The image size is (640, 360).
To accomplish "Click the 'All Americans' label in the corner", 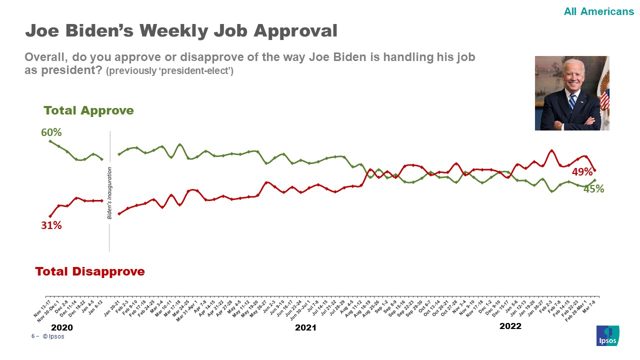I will [x=598, y=11].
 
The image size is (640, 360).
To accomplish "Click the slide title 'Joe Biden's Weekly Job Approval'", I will [x=181, y=31].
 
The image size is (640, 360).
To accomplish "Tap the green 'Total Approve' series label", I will [x=88, y=110].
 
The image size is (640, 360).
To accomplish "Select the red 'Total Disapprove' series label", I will [x=90, y=271].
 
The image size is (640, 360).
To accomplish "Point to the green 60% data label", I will [x=51, y=132].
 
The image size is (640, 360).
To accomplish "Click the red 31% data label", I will [x=51, y=225].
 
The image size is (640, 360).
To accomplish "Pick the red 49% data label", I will [x=582, y=172].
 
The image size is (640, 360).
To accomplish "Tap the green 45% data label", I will [x=594, y=189].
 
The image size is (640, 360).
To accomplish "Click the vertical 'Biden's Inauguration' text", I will [x=109, y=193].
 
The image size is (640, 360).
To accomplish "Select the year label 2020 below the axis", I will [x=62, y=328].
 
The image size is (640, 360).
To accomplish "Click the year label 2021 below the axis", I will [x=305, y=327].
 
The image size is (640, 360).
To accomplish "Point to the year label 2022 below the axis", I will [x=510, y=326].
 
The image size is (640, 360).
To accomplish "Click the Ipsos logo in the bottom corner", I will [x=607, y=335].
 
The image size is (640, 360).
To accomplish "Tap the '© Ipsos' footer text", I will [x=53, y=336].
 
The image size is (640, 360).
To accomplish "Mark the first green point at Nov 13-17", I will [x=50, y=141].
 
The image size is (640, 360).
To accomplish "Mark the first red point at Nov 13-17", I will [x=50, y=216].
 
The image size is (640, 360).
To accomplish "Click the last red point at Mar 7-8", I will [x=594, y=170].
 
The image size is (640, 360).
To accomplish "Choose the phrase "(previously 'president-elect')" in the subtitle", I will [x=169, y=71].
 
